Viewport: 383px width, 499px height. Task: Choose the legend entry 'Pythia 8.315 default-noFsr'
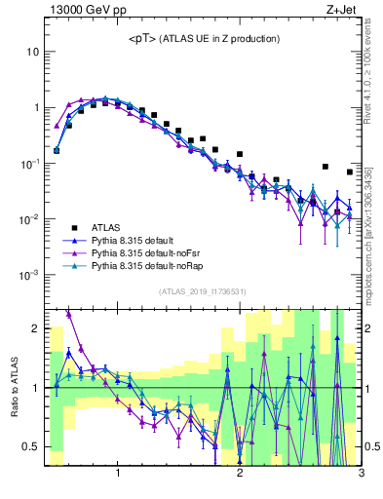(x=138, y=252)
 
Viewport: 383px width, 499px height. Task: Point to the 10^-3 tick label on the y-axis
(x=30, y=275)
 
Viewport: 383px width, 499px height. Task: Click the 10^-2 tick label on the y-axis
(x=30, y=219)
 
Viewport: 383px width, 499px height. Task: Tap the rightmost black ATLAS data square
(x=350, y=173)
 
